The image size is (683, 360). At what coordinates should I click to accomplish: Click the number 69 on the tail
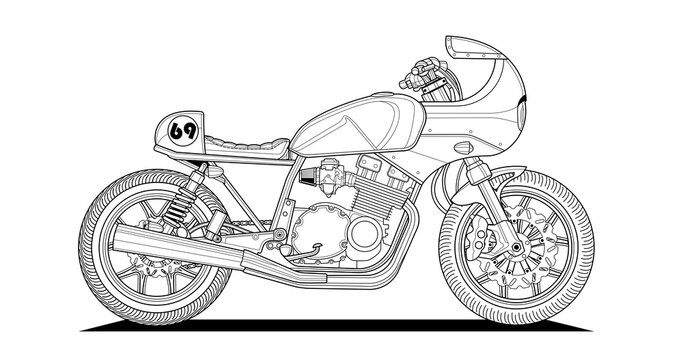pos(183,130)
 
